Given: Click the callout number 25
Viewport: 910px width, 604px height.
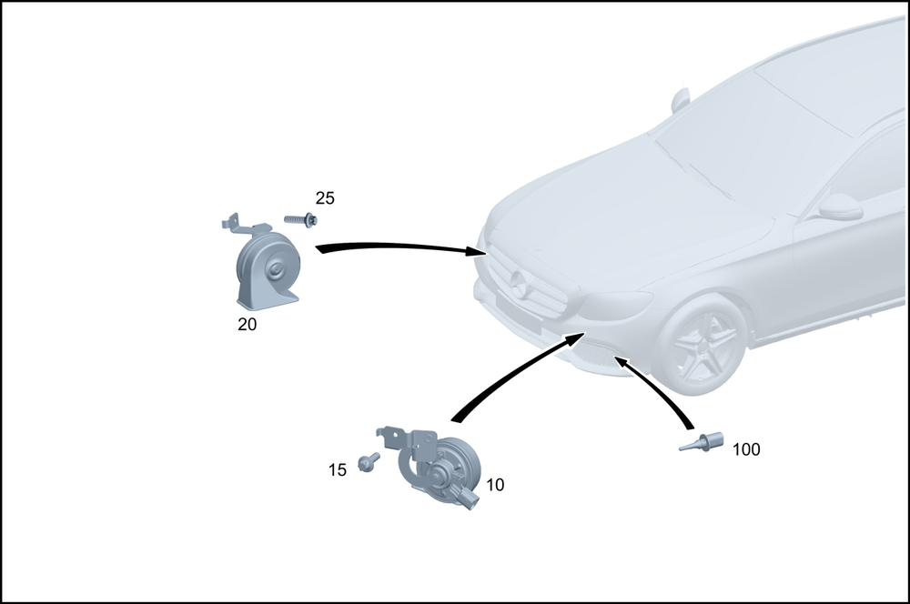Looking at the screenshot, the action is (x=325, y=197).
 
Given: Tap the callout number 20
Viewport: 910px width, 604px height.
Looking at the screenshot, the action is (x=247, y=324).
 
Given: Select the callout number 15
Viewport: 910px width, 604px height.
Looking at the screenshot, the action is (x=338, y=470).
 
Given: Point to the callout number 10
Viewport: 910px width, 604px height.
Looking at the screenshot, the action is (x=495, y=485).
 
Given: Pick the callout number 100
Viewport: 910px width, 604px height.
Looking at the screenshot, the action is (x=746, y=449).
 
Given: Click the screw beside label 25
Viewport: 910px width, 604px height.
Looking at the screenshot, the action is (x=299, y=219).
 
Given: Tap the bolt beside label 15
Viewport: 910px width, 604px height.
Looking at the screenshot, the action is (x=369, y=463).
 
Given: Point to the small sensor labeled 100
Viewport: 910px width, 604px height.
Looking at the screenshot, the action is (x=702, y=444).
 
